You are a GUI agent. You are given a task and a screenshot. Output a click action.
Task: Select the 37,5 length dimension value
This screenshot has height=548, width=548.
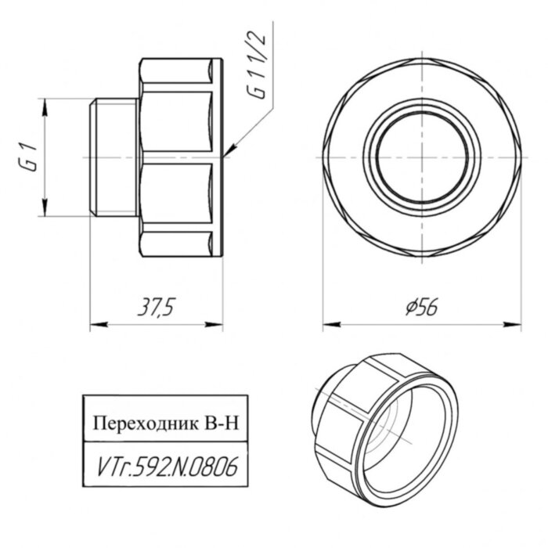click(x=155, y=308)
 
